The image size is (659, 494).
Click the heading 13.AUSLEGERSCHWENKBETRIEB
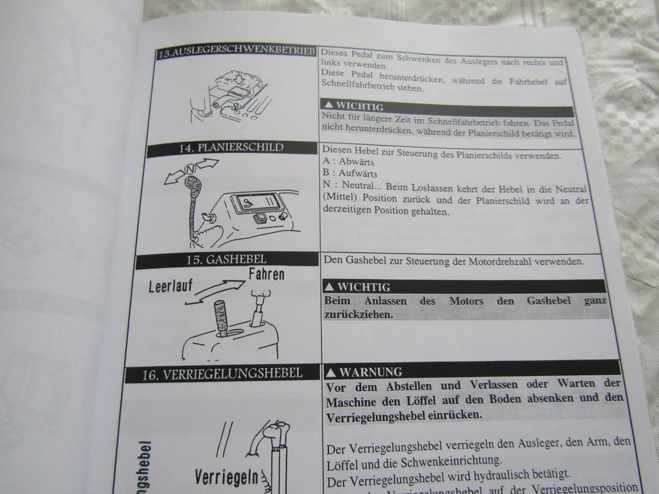pyautogui.click(x=237, y=52)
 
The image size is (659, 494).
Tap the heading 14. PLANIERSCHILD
pyautogui.click(x=231, y=148)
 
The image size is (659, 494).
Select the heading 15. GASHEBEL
pyautogui.click(x=226, y=260)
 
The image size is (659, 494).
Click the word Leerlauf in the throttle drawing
pyautogui.click(x=170, y=287)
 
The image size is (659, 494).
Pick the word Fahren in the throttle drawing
pyautogui.click(x=266, y=275)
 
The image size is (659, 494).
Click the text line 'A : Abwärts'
pyautogui.click(x=348, y=162)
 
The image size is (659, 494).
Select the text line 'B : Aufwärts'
pyautogui.click(x=350, y=173)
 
